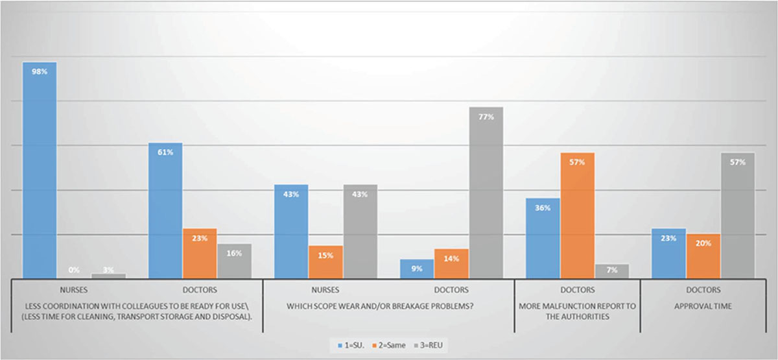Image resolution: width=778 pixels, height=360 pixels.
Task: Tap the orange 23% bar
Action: pyautogui.click(x=200, y=254)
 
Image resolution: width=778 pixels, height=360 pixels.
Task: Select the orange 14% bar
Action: pyautogui.click(x=451, y=263)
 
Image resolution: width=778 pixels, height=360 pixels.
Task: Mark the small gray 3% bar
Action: pyautogui.click(x=109, y=276)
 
